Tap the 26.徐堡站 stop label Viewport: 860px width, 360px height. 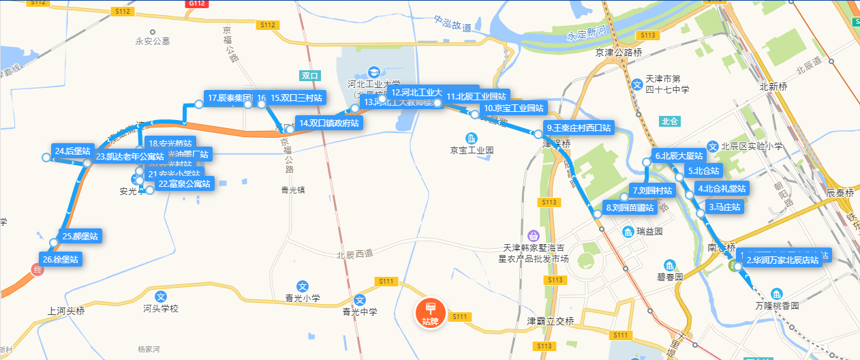tap(60, 259)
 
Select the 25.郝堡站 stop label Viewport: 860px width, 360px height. tap(80, 237)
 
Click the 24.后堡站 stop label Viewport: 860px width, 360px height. tap(72, 151)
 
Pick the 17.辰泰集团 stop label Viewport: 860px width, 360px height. tap(230, 97)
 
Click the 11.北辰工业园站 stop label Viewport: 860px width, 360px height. tap(476, 97)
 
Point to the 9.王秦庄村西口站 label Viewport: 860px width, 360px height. tap(579, 127)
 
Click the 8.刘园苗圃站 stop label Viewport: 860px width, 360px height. tap(630, 207)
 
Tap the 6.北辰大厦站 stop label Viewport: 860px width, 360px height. tap(678, 155)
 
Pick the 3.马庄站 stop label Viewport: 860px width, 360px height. tap(724, 207)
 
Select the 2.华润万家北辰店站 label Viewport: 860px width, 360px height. tap(782, 260)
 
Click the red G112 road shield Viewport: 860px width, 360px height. tap(195, 3)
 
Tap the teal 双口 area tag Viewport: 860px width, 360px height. tap(309, 76)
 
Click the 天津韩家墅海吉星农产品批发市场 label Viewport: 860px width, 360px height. tap(541, 253)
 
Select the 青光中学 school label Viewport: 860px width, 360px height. tap(359, 312)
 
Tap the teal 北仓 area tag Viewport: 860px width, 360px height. tap(670, 121)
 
